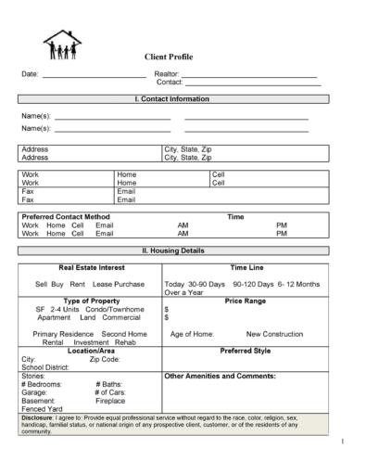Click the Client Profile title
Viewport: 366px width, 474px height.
168,57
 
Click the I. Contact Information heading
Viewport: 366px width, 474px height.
172,98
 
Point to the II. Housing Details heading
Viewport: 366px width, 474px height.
172,250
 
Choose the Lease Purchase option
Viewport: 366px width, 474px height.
119,284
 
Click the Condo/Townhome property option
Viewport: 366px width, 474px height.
114,309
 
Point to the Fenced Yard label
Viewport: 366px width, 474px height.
41,409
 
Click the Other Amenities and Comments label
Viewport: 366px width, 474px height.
220,377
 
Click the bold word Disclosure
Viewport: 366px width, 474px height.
37,418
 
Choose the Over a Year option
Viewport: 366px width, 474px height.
183,292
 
